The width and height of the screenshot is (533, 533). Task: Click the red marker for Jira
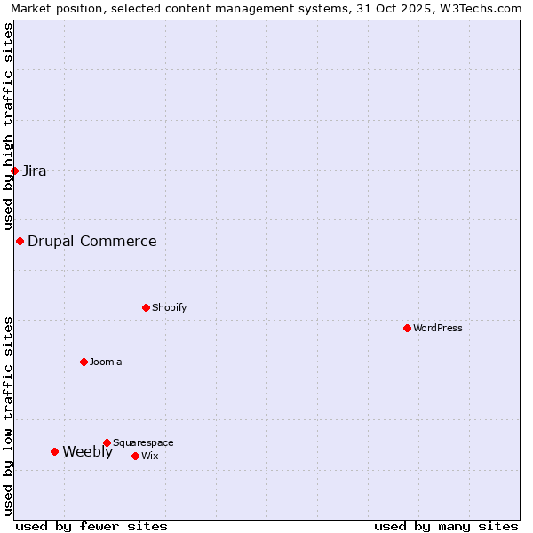coord(14,171)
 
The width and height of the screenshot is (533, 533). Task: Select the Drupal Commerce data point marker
coord(20,241)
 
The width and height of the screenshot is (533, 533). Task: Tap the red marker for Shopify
coord(146,307)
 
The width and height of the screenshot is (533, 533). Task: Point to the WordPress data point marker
coord(407,328)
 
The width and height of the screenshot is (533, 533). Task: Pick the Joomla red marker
coord(84,362)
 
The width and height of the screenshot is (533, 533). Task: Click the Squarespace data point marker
coord(107,442)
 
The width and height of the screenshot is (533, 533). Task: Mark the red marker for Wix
coord(135,456)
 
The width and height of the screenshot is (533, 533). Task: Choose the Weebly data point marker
coord(54,451)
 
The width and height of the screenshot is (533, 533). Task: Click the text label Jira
coord(35,171)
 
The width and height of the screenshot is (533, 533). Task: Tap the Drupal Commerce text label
coord(92,241)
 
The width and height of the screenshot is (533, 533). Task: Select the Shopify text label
coord(169,307)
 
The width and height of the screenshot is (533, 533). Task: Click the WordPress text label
coord(438,328)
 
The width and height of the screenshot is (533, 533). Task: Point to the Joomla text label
coord(106,362)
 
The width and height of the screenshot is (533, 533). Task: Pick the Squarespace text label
coord(143,442)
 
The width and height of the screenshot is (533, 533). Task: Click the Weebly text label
coord(87,451)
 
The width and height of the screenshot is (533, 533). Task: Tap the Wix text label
coord(150,456)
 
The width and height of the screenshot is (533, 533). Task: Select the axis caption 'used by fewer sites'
coord(91,526)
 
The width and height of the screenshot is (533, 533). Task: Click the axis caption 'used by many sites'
coord(446,526)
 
